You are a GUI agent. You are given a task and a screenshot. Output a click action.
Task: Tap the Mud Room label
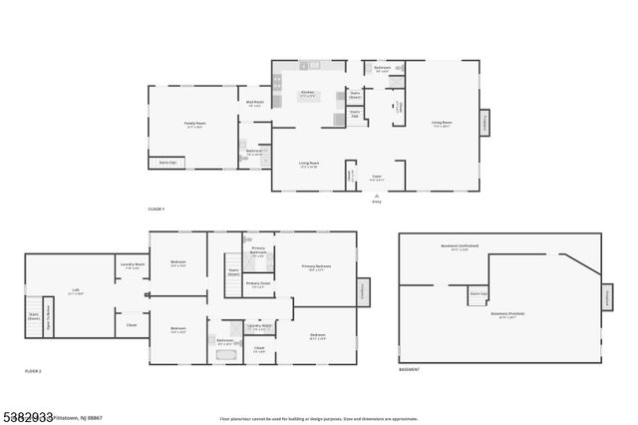[x=255, y=102]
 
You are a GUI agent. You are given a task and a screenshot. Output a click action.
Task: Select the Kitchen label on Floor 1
[x=308, y=94]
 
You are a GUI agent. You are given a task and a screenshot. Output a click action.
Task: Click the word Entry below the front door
[x=376, y=201]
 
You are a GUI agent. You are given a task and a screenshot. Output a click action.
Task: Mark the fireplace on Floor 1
[x=485, y=123]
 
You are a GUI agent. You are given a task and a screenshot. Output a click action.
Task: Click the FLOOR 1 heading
[x=155, y=208]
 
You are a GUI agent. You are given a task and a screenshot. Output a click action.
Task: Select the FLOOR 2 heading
[x=33, y=370]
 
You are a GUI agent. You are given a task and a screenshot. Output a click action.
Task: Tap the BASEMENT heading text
[x=409, y=370]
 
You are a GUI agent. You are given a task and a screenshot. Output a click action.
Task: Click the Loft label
[x=76, y=291]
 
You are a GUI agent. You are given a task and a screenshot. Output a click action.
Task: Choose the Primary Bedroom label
[x=316, y=266]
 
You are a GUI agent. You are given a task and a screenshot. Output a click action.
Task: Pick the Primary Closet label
[x=257, y=283]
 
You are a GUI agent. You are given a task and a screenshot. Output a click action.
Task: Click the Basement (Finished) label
[x=508, y=314]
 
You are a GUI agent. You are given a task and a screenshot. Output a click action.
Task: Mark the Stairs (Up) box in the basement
[x=478, y=294]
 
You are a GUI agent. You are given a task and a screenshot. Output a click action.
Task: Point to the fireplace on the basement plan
[x=605, y=297]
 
